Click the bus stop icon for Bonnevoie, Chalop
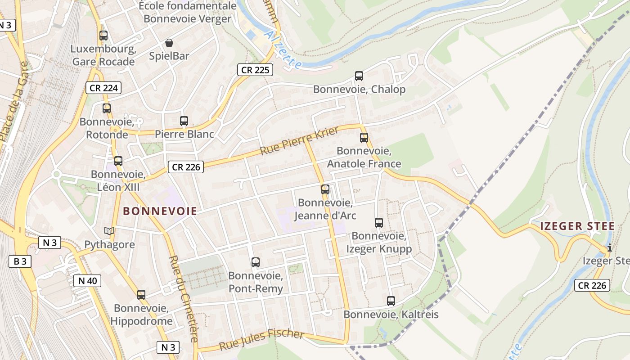(359, 76)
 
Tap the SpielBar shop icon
(169, 43)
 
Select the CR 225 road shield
(255, 70)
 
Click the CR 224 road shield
(104, 88)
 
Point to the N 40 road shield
(87, 281)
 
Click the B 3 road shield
(20, 261)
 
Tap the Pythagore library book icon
(109, 231)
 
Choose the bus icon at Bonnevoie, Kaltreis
(391, 301)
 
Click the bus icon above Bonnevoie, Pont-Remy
(256, 262)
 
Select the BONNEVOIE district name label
(160, 211)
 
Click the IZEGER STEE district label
(577, 226)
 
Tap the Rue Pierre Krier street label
(299, 141)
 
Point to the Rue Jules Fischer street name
(261, 340)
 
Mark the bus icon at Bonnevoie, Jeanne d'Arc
(325, 189)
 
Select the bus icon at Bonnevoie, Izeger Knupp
(378, 222)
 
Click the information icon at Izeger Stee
(609, 247)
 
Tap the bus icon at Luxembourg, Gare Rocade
(103, 35)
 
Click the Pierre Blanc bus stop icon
(184, 121)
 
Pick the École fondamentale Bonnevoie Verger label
(187, 12)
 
